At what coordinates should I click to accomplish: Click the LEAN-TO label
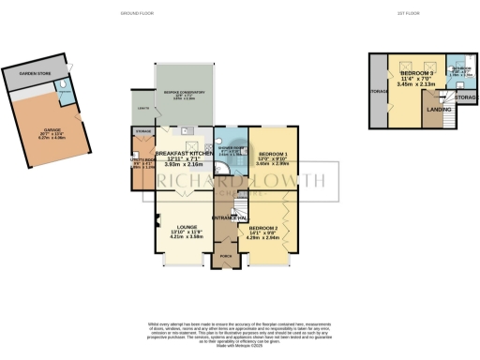coord(142,110)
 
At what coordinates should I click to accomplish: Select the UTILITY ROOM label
coord(142,167)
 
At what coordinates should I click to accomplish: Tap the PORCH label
coord(225,255)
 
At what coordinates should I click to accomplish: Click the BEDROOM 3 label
coord(417,72)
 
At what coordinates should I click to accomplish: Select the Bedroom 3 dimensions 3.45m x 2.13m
coord(417,84)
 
